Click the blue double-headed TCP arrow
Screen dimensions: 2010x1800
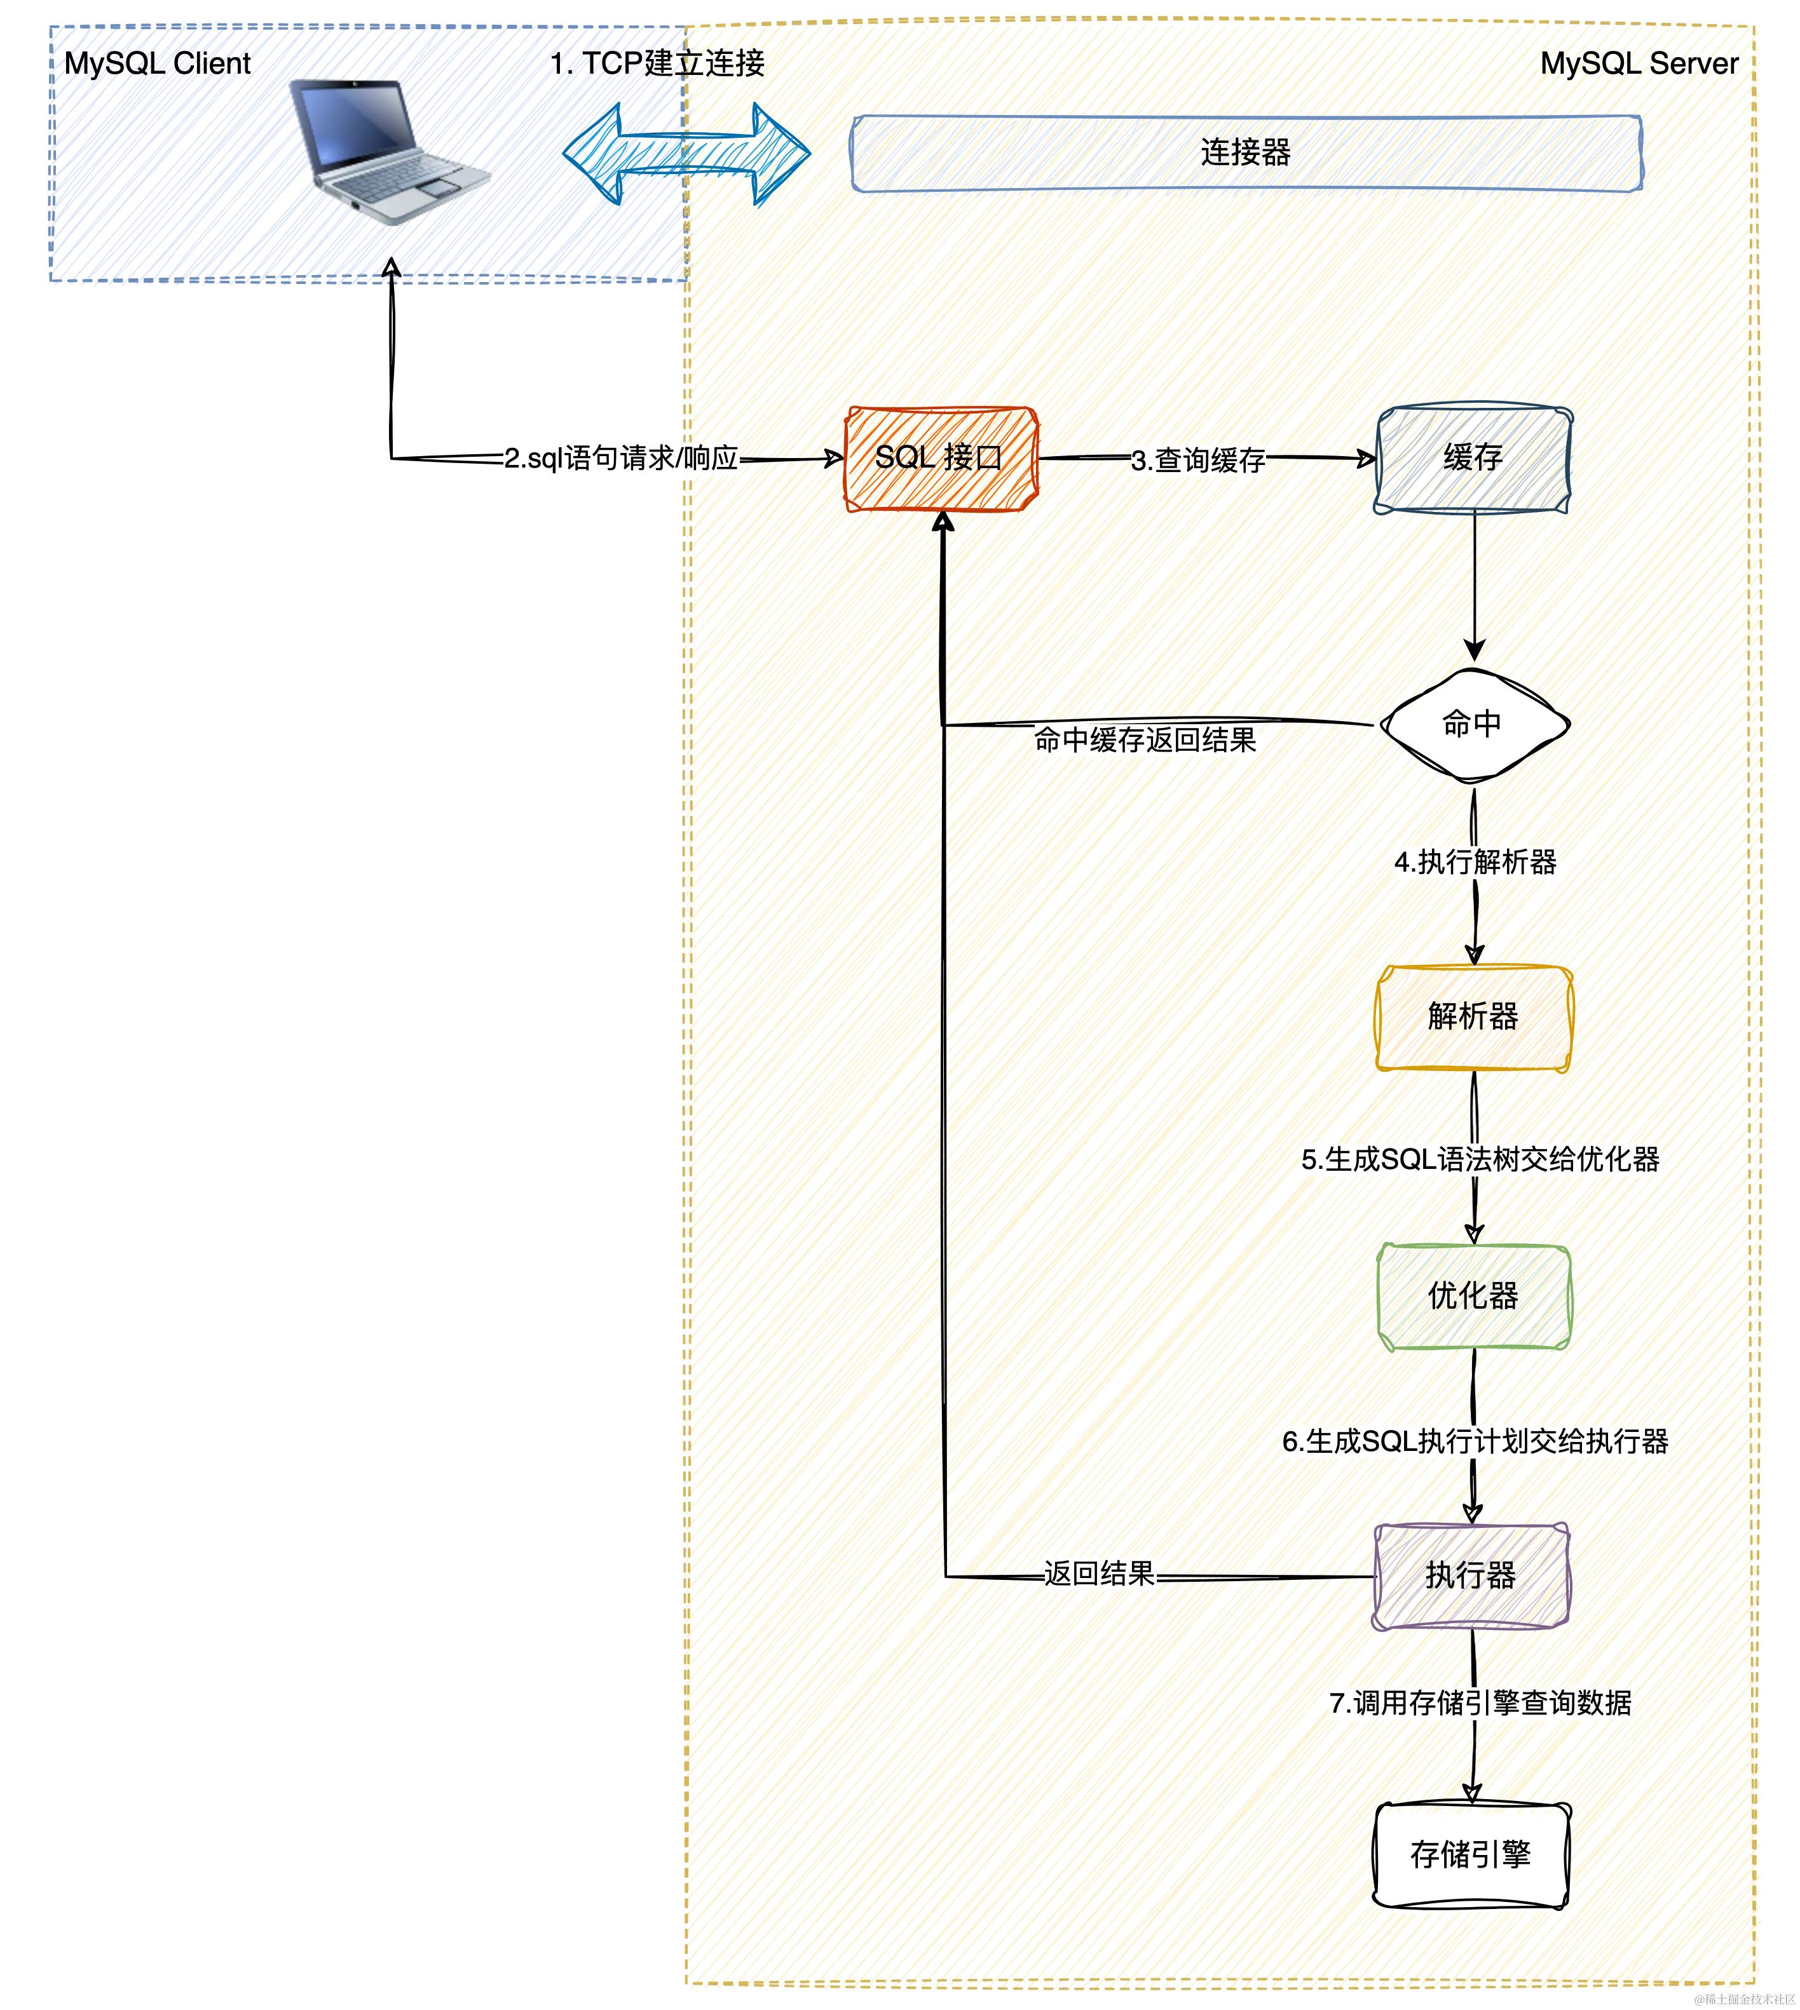(x=686, y=153)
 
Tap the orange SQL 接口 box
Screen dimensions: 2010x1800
(x=939, y=458)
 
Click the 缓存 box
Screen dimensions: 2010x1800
(x=1473, y=459)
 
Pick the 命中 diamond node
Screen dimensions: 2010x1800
(x=1473, y=725)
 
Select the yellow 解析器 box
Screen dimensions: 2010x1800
(x=1473, y=1017)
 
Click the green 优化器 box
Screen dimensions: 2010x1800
(x=1473, y=1296)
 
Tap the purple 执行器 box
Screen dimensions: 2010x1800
(x=1471, y=1575)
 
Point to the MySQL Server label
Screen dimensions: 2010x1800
(x=1639, y=64)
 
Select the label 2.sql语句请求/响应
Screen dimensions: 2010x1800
(x=621, y=459)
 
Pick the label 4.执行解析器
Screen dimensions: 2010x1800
(x=1475, y=862)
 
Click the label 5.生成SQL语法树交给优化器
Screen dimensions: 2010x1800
(x=1480, y=1160)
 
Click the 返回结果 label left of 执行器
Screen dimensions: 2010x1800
(x=1099, y=1574)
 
